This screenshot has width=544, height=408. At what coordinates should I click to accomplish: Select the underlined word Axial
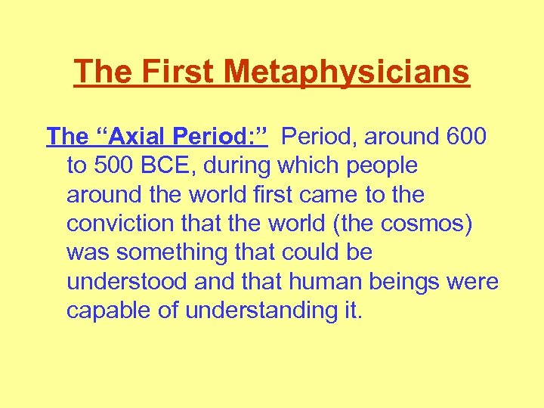[125, 137]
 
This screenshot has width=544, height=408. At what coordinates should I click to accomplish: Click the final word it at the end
[354, 311]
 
